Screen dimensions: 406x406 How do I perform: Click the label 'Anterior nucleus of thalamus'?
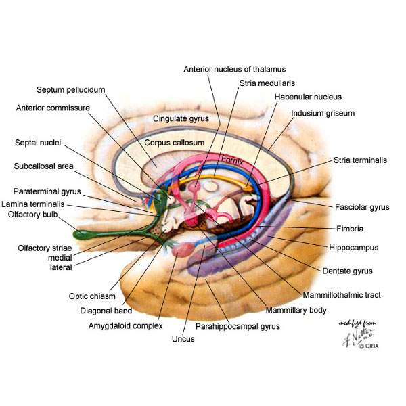pos(235,70)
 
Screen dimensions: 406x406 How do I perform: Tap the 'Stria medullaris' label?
pos(267,83)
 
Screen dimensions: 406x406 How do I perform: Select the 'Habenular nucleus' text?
pos(308,97)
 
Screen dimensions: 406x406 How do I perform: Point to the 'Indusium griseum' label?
pos(323,114)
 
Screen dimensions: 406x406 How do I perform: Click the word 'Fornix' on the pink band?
pos(232,160)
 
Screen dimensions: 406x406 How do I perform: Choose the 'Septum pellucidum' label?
pos(70,90)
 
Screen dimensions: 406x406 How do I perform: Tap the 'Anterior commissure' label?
pos(53,108)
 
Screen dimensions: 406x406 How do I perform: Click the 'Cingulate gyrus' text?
pos(181,119)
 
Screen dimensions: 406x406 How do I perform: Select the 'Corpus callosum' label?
pos(175,143)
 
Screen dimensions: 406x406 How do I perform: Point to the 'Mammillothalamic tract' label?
pos(342,295)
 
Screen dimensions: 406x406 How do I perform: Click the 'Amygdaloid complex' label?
pos(126,325)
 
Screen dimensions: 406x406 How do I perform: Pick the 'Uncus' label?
pos(183,339)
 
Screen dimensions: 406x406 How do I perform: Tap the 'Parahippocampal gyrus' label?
pos(238,327)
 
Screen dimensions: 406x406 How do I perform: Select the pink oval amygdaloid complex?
pos(183,250)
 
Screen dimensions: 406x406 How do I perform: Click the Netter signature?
pos(358,334)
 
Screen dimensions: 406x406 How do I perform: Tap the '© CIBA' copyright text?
pos(369,346)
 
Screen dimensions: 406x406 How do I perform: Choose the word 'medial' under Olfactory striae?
pos(60,258)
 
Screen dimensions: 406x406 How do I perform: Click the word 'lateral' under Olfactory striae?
pos(61,267)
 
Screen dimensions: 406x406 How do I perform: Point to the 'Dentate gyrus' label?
pos(348,271)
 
